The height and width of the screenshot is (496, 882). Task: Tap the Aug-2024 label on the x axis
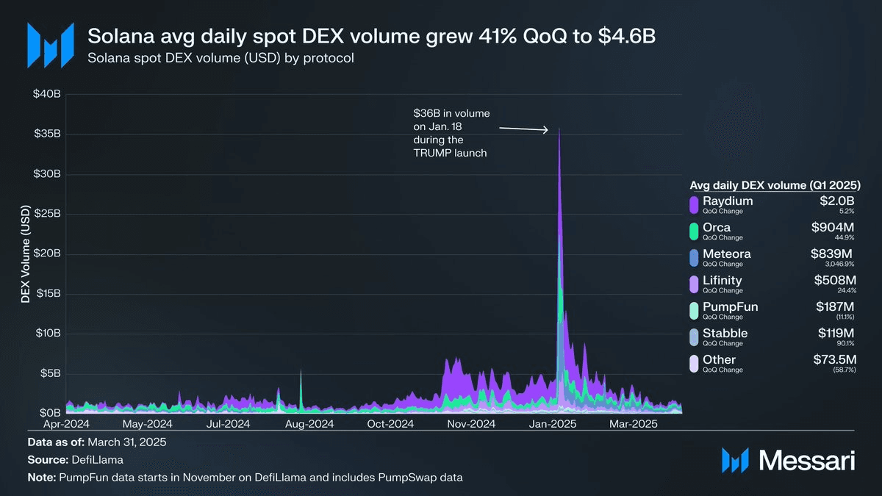[x=309, y=424]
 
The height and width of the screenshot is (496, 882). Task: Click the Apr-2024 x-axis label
[x=66, y=424]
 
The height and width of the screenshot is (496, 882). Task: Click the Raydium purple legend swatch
[x=693, y=205]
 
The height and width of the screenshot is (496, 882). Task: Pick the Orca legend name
[x=717, y=228]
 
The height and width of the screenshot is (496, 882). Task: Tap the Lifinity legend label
[x=723, y=281]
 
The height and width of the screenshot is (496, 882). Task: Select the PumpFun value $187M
[x=836, y=307]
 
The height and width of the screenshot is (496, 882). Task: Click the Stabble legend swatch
[x=693, y=337]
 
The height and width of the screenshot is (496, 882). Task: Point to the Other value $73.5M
[x=834, y=360]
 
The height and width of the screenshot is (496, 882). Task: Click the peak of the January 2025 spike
[x=559, y=129]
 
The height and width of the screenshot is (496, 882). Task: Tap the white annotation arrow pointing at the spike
[x=524, y=129]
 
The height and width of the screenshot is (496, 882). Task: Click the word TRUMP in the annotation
[x=431, y=152]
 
